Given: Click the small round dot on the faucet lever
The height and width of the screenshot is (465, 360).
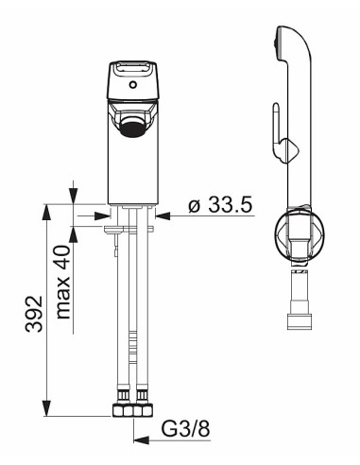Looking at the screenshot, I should (x=133, y=85).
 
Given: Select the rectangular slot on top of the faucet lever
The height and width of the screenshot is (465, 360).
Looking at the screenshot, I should (x=131, y=70).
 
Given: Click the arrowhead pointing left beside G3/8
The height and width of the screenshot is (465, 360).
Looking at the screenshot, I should (x=138, y=438).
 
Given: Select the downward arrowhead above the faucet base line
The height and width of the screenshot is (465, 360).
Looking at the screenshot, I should (x=74, y=196).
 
